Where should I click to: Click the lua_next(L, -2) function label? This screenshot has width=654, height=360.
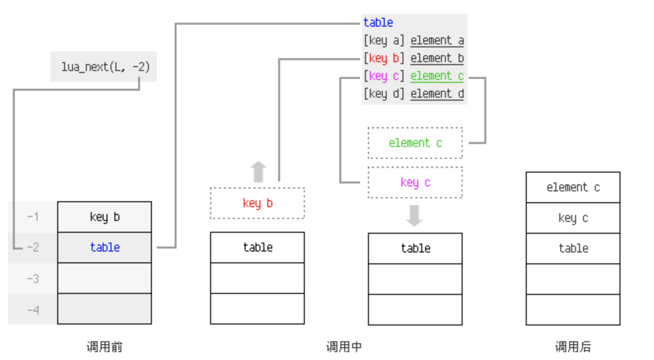click(x=104, y=67)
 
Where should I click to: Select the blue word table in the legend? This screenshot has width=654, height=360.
click(x=378, y=22)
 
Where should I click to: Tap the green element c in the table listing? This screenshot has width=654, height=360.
click(x=437, y=76)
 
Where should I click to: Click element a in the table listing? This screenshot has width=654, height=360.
click(x=437, y=40)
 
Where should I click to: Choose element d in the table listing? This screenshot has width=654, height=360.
click(x=437, y=94)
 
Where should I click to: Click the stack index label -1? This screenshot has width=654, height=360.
click(x=33, y=216)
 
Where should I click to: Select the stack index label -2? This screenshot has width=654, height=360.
click(x=33, y=247)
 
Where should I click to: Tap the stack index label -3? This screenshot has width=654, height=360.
click(x=33, y=278)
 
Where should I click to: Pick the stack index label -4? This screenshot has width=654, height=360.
click(x=33, y=309)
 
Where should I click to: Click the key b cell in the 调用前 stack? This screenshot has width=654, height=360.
click(x=105, y=217)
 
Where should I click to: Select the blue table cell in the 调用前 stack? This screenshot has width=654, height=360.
click(x=105, y=247)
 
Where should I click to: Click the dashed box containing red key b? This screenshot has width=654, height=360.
click(x=257, y=203)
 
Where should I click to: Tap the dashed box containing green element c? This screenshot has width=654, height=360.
click(x=415, y=143)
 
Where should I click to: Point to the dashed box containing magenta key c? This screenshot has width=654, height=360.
click(x=415, y=182)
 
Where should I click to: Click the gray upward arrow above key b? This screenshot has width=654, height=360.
click(x=258, y=172)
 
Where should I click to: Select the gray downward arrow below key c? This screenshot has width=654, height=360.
click(x=414, y=216)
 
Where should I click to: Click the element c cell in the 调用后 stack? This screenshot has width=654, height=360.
click(x=573, y=187)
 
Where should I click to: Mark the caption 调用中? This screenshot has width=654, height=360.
click(x=344, y=347)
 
